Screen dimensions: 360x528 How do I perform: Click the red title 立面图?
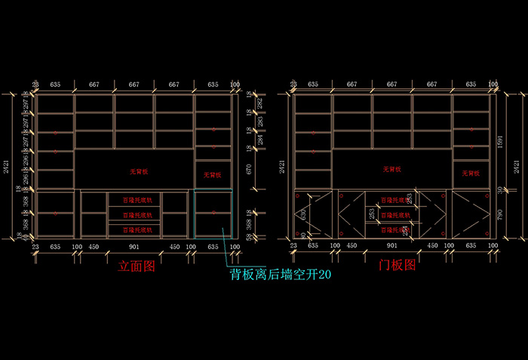pyautogui.click(x=136, y=266)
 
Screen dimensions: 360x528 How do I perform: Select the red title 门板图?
pyautogui.click(x=397, y=265)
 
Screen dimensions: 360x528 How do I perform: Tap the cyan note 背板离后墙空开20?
pyautogui.click(x=281, y=275)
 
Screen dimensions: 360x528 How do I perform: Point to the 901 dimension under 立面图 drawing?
pyautogui.click(x=134, y=246)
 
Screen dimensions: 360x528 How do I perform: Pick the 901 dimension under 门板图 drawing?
pyautogui.click(x=391, y=245)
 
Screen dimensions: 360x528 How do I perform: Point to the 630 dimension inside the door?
pyautogui.click(x=303, y=216)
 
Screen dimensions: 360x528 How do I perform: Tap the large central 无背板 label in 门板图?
pyautogui.click(x=392, y=169)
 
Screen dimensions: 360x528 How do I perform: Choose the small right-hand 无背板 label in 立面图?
pyautogui.click(x=213, y=175)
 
